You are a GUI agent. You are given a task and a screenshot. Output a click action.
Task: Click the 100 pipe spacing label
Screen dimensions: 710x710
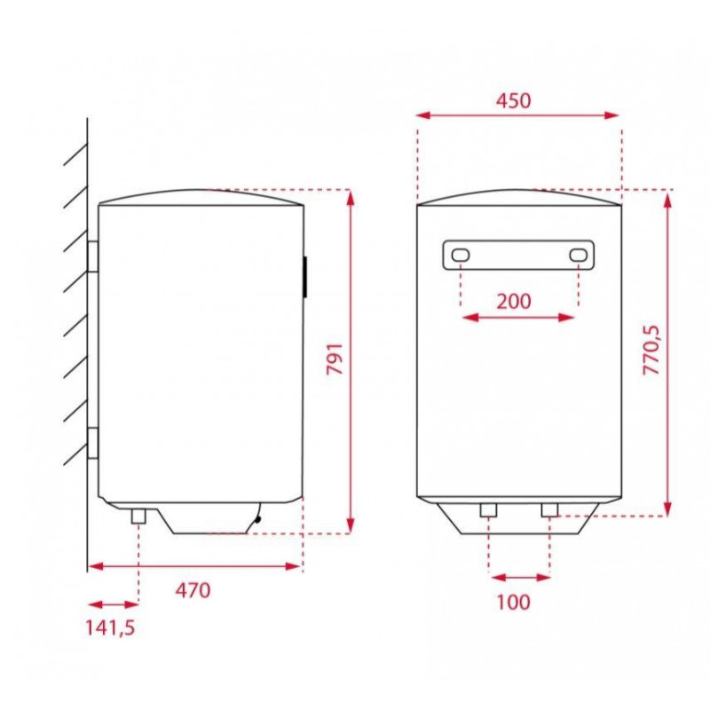(x=513, y=602)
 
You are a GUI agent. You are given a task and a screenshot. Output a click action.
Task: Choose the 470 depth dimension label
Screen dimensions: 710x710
(x=193, y=589)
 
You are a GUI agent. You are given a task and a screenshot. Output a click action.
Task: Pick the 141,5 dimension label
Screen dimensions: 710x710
(x=110, y=627)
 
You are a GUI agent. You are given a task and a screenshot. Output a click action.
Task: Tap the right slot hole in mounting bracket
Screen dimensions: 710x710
(x=579, y=256)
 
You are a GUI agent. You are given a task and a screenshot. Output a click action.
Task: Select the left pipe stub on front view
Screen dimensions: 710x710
(x=489, y=509)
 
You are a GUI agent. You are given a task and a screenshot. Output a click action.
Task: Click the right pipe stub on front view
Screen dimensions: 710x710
(x=549, y=509)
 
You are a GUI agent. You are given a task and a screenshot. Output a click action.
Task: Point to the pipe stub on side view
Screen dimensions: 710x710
(x=139, y=517)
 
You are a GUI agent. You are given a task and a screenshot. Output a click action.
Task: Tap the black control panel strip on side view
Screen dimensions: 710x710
(x=305, y=277)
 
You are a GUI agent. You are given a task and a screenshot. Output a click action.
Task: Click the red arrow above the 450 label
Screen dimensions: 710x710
(x=517, y=114)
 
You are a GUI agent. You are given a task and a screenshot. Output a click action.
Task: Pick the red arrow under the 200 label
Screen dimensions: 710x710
(x=519, y=316)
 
